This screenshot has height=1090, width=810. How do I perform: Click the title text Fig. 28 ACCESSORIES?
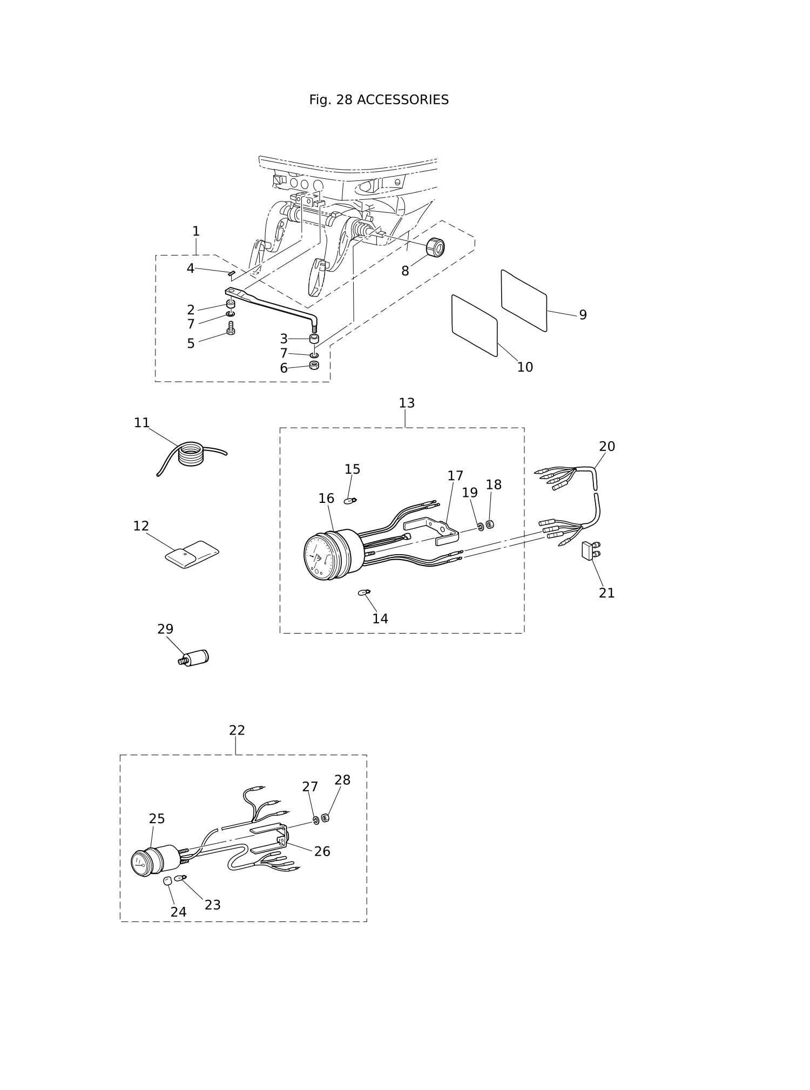coord(379,100)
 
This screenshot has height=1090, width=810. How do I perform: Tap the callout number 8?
coord(405,271)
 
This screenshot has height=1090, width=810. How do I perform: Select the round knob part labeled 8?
coord(435,247)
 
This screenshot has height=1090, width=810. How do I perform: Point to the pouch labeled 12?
coord(192,555)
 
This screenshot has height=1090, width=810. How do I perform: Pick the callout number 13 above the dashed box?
coord(407,403)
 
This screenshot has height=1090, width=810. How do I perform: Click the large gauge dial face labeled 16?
coord(319,556)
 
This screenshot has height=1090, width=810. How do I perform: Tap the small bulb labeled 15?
coord(350,501)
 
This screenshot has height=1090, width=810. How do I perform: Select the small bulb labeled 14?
coord(364,593)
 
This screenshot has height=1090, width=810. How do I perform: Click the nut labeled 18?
coord(490,524)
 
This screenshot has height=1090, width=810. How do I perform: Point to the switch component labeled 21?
coord(590,551)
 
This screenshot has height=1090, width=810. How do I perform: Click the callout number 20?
coord(607,447)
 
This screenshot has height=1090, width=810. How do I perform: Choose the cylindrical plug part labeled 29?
coord(193,658)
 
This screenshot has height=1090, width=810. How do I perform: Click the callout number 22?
coord(237,730)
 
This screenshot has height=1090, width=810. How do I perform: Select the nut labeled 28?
coord(325,818)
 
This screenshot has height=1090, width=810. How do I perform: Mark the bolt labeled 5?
coord(231,328)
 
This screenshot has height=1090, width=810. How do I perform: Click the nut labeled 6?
coord(314,365)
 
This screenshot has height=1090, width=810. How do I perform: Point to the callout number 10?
coord(525,367)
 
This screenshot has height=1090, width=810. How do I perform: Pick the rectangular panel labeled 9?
coord(524,300)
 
